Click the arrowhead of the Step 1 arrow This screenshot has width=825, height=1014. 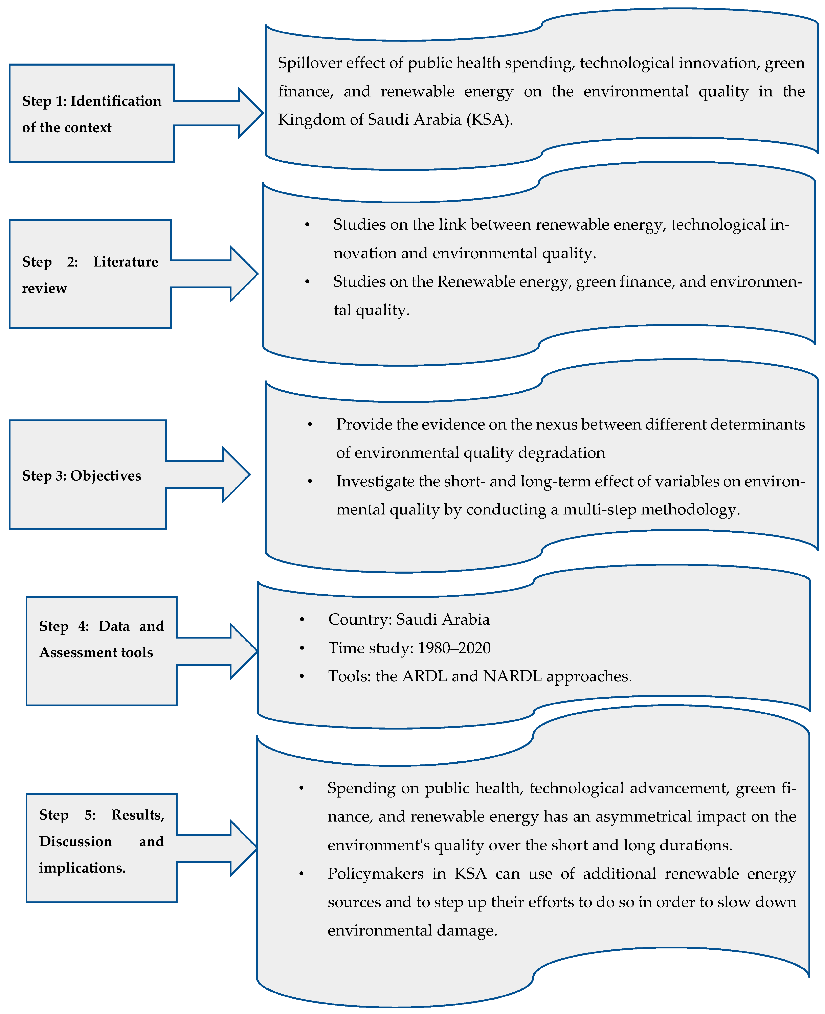(252, 113)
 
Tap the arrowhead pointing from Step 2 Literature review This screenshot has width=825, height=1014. (246, 274)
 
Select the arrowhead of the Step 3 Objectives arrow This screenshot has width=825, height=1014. (238, 474)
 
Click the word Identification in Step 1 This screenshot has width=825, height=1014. (116, 101)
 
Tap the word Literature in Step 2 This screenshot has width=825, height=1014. (126, 262)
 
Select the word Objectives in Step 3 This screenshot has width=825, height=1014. (106, 476)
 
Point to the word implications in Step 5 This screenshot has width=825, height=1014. (82, 868)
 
